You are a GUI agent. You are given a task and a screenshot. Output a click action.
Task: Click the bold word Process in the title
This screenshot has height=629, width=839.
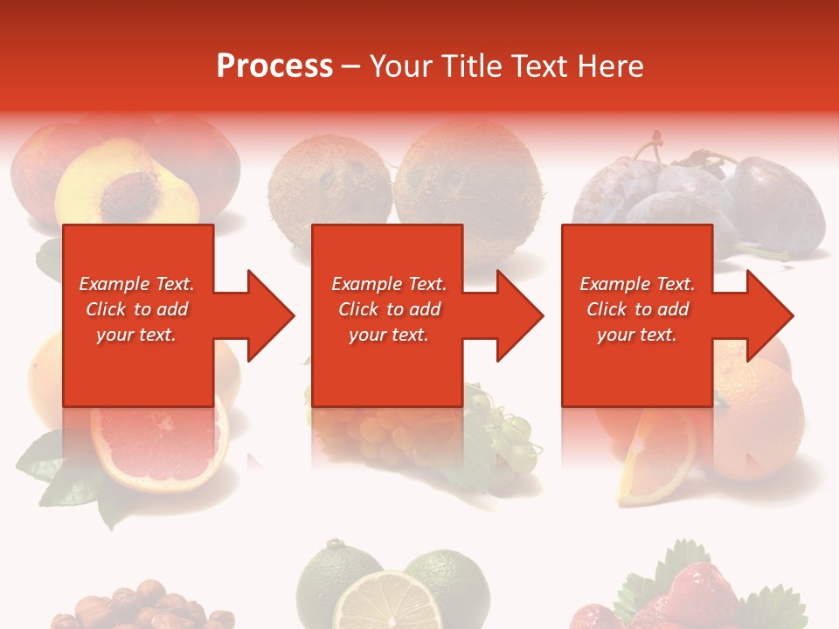tap(274, 66)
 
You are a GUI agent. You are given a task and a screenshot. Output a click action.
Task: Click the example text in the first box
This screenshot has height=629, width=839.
tap(136, 309)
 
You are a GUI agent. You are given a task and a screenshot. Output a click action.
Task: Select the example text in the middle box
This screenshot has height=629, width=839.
tap(388, 309)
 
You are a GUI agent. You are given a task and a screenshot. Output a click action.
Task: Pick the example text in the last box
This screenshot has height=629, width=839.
tap(637, 309)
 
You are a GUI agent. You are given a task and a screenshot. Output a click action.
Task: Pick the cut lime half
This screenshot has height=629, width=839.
tap(386, 603)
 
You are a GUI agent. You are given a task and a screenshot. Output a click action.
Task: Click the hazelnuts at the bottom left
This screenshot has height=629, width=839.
tap(140, 612)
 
